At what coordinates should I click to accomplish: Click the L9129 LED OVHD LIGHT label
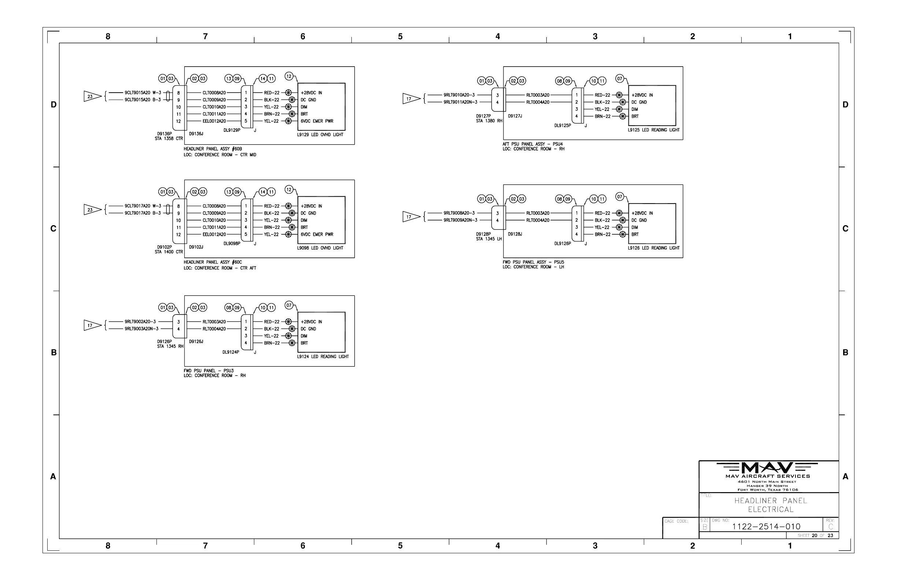click(x=320, y=135)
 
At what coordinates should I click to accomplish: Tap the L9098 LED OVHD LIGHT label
click(x=320, y=248)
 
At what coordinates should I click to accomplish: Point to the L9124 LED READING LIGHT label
click(x=322, y=357)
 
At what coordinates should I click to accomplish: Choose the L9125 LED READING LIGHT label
click(x=654, y=130)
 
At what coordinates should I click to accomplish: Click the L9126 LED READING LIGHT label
click(x=654, y=248)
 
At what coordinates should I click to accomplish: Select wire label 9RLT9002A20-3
click(x=140, y=322)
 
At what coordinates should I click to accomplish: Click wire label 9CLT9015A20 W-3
click(x=143, y=93)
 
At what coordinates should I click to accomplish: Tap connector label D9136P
click(x=164, y=134)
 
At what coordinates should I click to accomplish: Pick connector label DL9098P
click(x=232, y=243)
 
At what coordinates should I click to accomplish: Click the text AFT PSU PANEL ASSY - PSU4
click(x=532, y=144)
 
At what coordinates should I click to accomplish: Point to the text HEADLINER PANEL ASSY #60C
click(x=213, y=262)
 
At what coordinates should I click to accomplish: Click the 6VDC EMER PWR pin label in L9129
click(x=317, y=121)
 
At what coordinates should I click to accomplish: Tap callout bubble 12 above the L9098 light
click(x=289, y=190)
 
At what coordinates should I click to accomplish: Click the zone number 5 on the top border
click(x=400, y=37)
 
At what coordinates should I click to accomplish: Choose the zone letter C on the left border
click(x=53, y=228)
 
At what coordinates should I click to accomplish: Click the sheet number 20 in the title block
click(x=815, y=536)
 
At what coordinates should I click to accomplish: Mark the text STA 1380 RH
click(x=489, y=121)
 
